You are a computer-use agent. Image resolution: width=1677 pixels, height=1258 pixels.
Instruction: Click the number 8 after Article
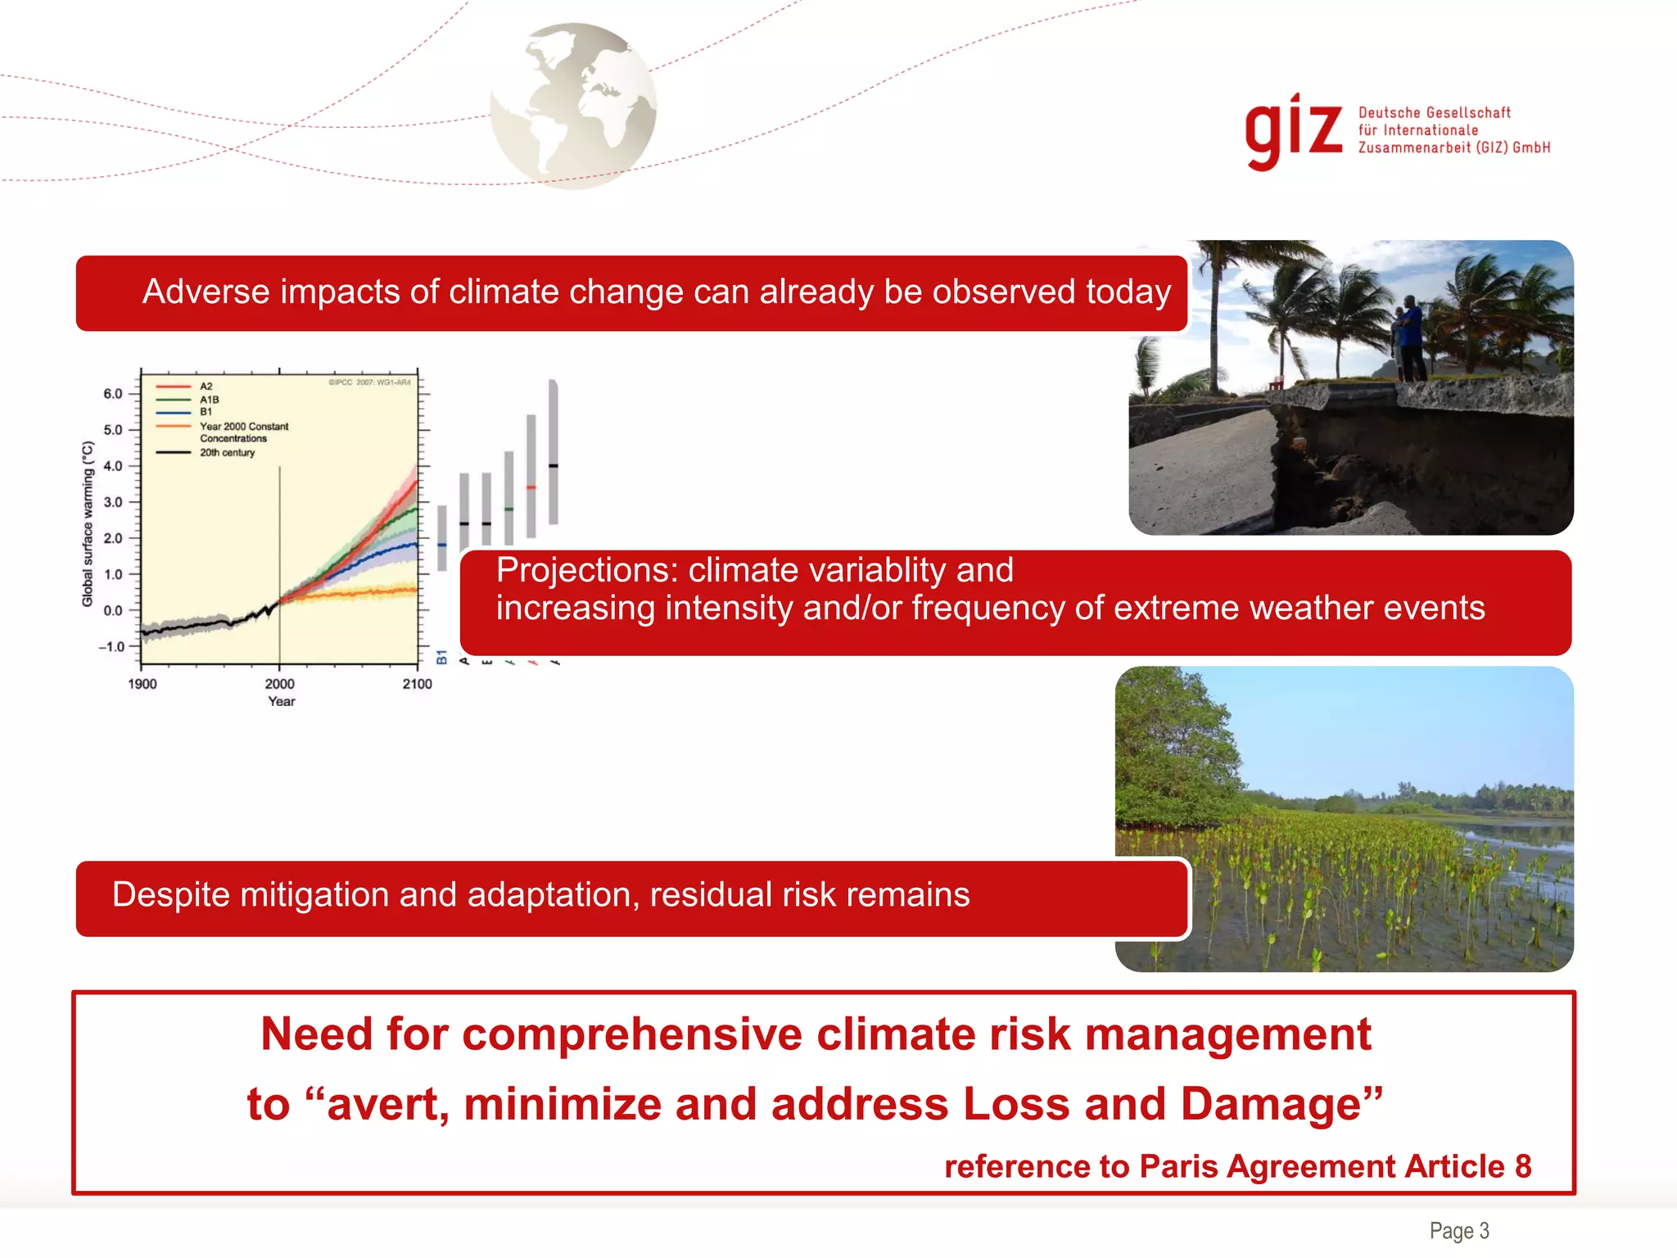tap(1522, 1166)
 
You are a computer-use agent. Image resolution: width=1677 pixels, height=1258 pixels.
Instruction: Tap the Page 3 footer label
tap(1458, 1230)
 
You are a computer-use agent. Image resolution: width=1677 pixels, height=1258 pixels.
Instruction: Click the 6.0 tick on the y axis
tap(112, 394)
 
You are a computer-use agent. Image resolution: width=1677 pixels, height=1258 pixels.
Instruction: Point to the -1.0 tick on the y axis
tap(111, 647)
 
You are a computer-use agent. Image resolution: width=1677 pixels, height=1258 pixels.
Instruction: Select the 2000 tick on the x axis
tap(279, 684)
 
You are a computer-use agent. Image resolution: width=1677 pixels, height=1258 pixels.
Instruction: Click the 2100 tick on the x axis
tap(417, 684)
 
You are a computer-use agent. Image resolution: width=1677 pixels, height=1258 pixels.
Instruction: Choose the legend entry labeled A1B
tap(209, 400)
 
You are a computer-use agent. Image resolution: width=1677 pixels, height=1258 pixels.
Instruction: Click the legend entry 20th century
tap(227, 453)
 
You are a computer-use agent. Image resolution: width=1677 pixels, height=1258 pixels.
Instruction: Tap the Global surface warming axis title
tap(88, 524)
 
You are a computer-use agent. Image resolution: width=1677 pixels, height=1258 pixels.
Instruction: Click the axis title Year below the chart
tap(281, 702)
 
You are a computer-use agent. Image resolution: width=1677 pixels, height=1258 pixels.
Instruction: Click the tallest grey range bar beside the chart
tap(554, 450)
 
